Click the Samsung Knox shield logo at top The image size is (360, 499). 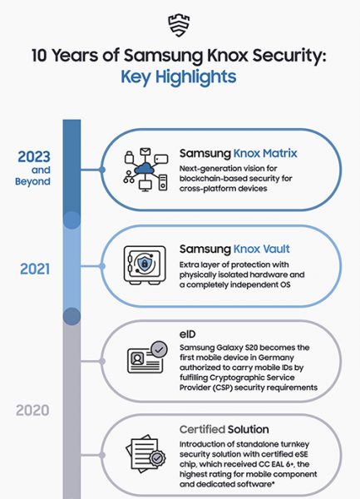(180, 22)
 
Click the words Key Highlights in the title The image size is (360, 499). (180, 77)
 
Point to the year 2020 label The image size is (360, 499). (34, 410)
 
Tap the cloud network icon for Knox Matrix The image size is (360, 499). (144, 171)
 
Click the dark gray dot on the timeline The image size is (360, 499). (72, 316)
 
